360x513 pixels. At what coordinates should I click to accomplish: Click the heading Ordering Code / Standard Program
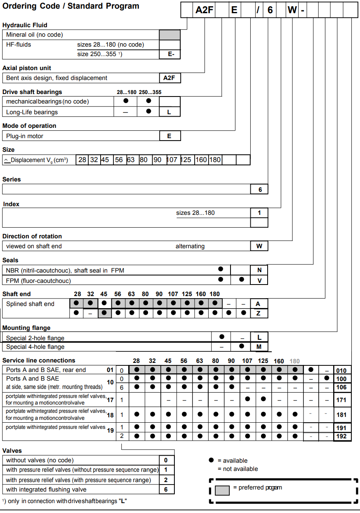[x=71, y=6]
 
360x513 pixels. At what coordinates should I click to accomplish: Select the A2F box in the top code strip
[x=204, y=10]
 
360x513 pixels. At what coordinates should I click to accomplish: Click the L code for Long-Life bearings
[x=169, y=112]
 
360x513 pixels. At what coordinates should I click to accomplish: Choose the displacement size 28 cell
[x=82, y=160]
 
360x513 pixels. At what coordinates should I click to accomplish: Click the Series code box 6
[x=259, y=189]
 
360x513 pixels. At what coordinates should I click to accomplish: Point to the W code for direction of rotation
[x=259, y=246]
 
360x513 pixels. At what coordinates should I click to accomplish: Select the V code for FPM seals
[x=259, y=280]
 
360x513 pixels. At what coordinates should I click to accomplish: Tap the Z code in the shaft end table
[x=259, y=313]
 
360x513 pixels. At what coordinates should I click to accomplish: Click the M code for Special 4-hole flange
[x=259, y=347]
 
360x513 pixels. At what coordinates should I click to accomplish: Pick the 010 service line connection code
[x=341, y=370]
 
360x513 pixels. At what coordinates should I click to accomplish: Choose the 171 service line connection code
[x=341, y=400]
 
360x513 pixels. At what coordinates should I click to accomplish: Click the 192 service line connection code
[x=341, y=436]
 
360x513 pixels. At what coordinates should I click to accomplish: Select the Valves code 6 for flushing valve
[x=166, y=489]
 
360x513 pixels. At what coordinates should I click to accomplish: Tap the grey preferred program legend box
[x=223, y=490]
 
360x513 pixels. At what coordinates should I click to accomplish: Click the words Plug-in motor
[x=25, y=136]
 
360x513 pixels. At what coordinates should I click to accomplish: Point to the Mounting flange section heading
[x=26, y=328]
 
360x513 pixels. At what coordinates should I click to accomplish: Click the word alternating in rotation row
[x=190, y=246]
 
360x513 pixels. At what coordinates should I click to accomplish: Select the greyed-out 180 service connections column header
[x=294, y=361]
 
